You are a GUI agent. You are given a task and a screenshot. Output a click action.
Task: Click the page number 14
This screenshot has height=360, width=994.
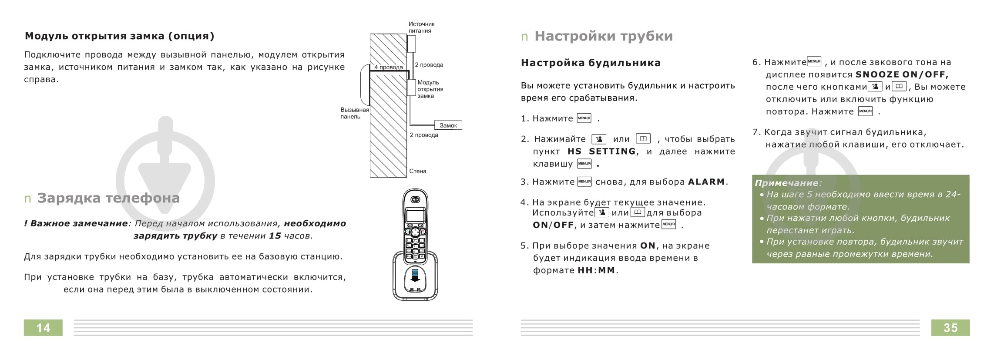(x=43, y=328)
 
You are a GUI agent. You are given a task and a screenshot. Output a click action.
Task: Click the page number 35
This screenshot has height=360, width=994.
(x=950, y=328)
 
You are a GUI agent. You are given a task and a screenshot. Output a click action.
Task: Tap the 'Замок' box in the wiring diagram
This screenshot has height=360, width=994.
(x=448, y=125)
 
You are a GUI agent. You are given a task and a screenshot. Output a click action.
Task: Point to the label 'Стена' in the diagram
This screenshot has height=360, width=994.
(x=417, y=171)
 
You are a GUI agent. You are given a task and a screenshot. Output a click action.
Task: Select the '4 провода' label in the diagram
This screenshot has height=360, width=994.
(x=388, y=67)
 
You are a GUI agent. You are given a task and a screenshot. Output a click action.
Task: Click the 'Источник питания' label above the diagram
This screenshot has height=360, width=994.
(x=421, y=27)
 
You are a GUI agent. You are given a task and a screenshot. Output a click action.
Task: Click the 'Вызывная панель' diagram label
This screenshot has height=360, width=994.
(x=354, y=113)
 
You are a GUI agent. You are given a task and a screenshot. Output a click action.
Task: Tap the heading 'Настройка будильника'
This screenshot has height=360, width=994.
(x=591, y=63)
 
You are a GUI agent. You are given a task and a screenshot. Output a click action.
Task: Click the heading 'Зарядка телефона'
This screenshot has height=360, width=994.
(x=108, y=198)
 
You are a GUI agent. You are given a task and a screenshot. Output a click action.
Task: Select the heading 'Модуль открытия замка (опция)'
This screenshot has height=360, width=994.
(x=120, y=36)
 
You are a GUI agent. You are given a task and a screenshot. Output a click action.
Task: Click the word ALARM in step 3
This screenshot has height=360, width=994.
(x=706, y=182)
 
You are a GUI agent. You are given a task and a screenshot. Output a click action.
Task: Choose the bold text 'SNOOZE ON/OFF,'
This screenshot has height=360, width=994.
(x=902, y=74)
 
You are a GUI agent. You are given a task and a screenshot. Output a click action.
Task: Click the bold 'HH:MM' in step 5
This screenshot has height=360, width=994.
(x=596, y=270)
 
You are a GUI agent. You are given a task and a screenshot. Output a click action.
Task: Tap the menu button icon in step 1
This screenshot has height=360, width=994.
(x=584, y=118)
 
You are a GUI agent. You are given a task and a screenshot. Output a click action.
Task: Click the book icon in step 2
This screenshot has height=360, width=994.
(x=643, y=139)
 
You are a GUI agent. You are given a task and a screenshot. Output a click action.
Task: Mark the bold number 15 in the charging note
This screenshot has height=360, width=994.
(x=275, y=236)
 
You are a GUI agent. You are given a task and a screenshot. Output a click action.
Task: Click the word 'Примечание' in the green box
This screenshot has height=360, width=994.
(x=786, y=183)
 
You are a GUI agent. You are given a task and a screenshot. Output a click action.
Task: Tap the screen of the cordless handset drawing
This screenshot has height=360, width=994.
(x=415, y=215)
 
